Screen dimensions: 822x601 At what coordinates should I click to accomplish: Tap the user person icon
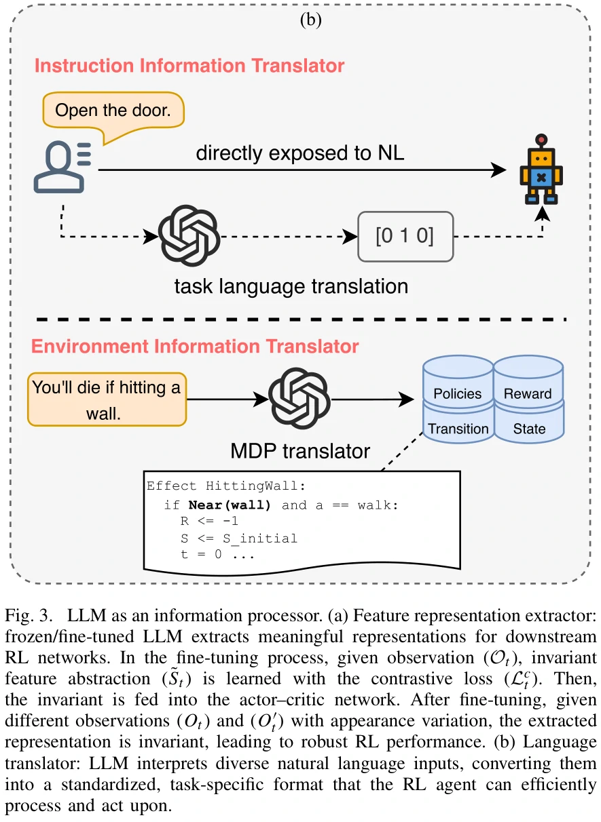point(61,167)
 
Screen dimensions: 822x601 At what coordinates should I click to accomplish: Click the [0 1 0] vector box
point(405,237)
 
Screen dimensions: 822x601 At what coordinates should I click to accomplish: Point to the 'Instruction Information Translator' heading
point(189,66)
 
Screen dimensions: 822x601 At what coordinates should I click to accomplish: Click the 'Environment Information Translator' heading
point(195,347)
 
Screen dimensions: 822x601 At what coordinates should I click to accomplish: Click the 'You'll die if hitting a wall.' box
point(107,399)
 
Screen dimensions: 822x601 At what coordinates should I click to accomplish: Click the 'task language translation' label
point(291,286)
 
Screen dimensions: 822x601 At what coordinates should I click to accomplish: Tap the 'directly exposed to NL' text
point(300,153)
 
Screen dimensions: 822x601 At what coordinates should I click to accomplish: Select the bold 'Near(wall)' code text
point(230,505)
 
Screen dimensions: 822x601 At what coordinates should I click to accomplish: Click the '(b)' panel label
point(310,20)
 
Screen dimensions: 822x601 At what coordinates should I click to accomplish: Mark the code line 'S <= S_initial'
point(238,538)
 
